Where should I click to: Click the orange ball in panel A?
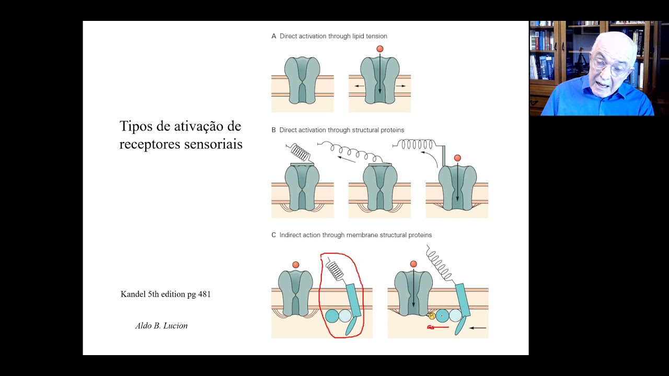[380, 49]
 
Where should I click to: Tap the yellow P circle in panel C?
[432, 316]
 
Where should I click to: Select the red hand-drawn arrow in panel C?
[438, 327]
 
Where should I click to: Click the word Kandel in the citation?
[134, 295]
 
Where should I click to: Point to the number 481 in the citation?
[204, 295]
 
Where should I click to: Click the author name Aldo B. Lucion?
[161, 326]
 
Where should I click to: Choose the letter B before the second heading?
[274, 130]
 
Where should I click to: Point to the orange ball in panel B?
[457, 158]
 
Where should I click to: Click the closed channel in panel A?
[302, 80]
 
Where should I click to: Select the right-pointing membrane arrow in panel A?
[401, 86]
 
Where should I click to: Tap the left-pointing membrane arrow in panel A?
[360, 86]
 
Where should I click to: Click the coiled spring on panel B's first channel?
[300, 153]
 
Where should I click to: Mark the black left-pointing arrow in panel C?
[478, 328]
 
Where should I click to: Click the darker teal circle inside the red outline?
[332, 316]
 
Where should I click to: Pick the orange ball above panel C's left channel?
[296, 265]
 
